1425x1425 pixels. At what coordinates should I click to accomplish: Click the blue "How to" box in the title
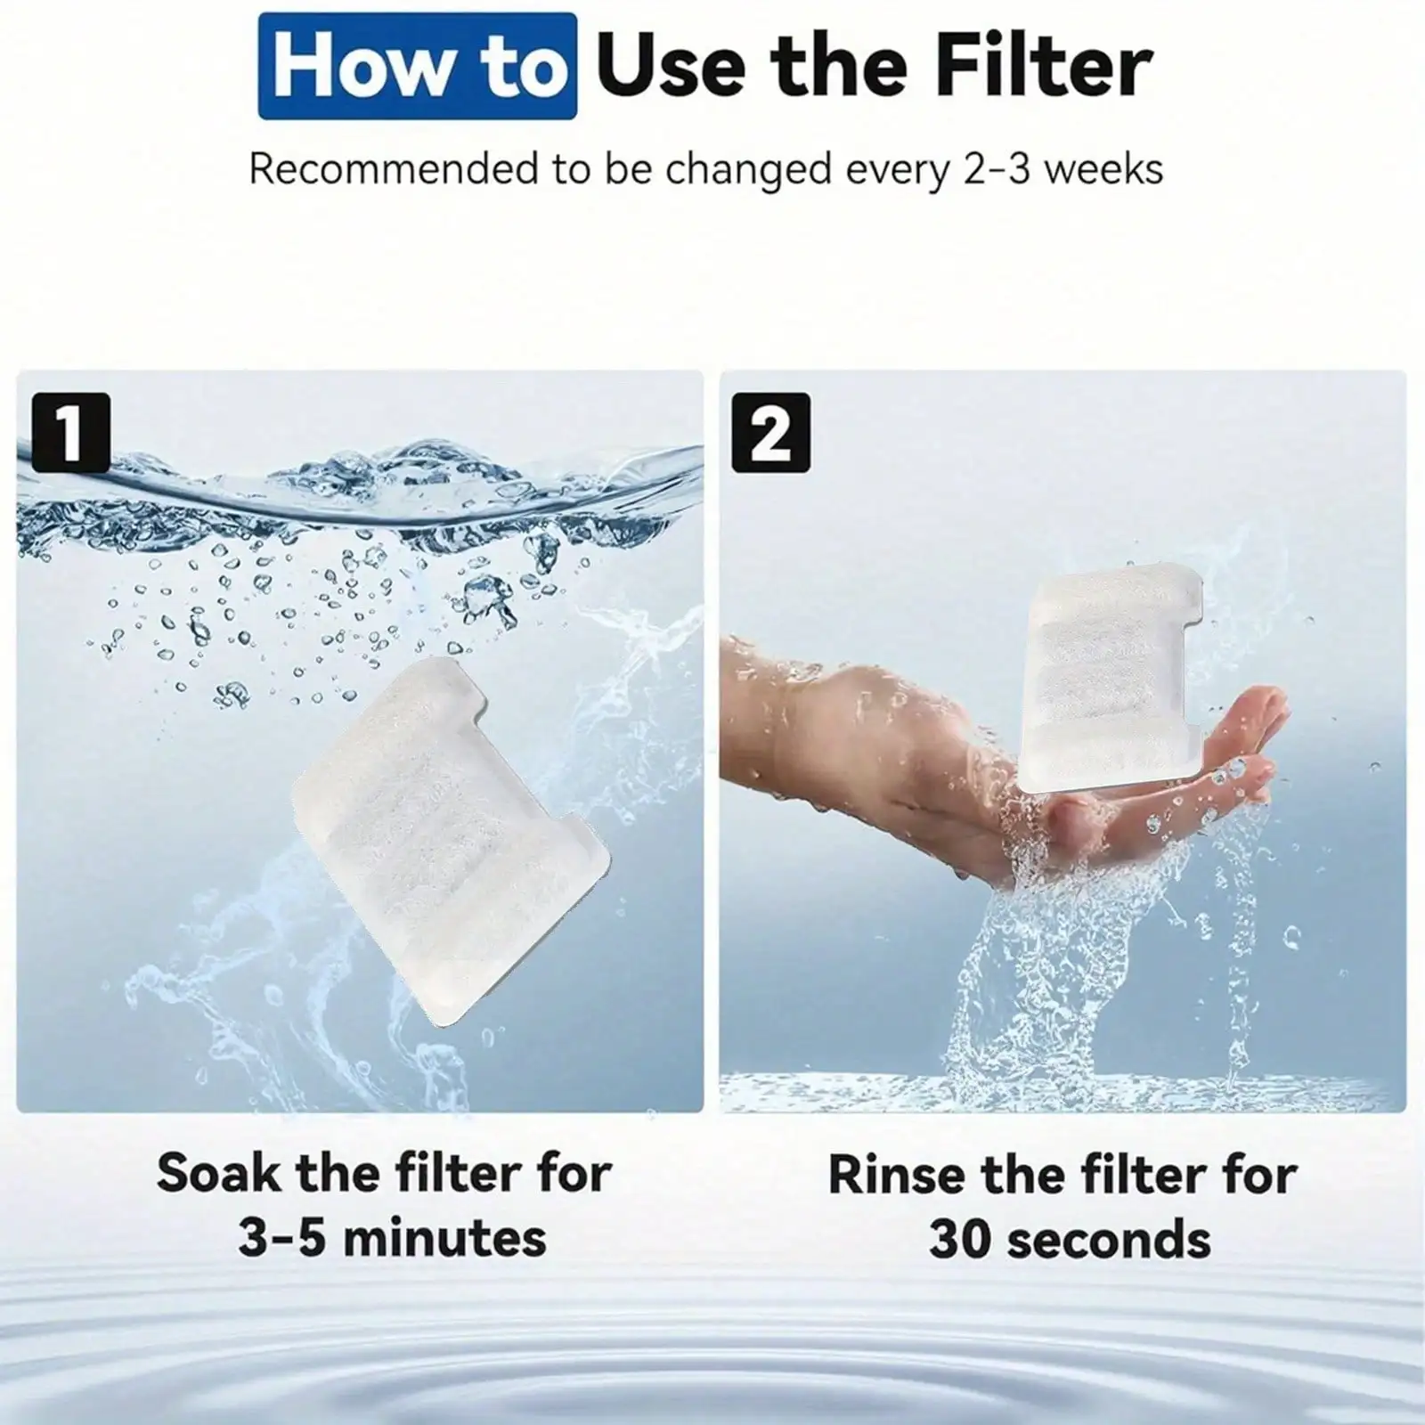417,66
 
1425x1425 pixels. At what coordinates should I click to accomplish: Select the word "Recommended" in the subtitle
394,168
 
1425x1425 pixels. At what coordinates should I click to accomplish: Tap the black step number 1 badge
70,432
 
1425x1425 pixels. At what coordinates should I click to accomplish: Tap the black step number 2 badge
770,432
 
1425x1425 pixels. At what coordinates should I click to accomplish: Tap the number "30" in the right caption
962,1240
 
